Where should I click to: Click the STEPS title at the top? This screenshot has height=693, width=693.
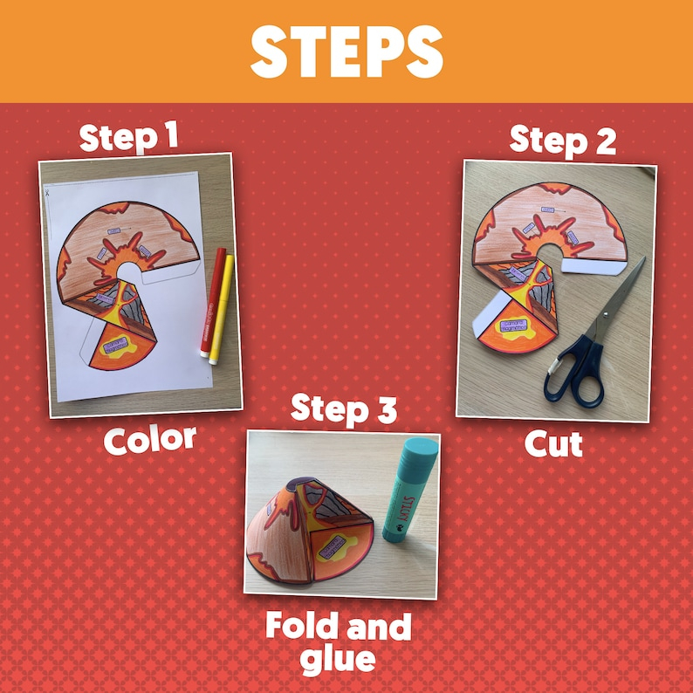click(x=346, y=51)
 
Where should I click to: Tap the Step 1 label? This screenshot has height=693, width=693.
click(x=129, y=138)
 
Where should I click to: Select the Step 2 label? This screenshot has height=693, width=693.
click(x=563, y=140)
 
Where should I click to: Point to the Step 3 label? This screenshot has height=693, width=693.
click(x=343, y=408)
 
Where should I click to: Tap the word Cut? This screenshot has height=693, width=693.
click(x=553, y=444)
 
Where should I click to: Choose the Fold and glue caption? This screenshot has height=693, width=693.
click(x=338, y=642)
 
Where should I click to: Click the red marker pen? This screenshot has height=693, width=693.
click(x=211, y=305)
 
